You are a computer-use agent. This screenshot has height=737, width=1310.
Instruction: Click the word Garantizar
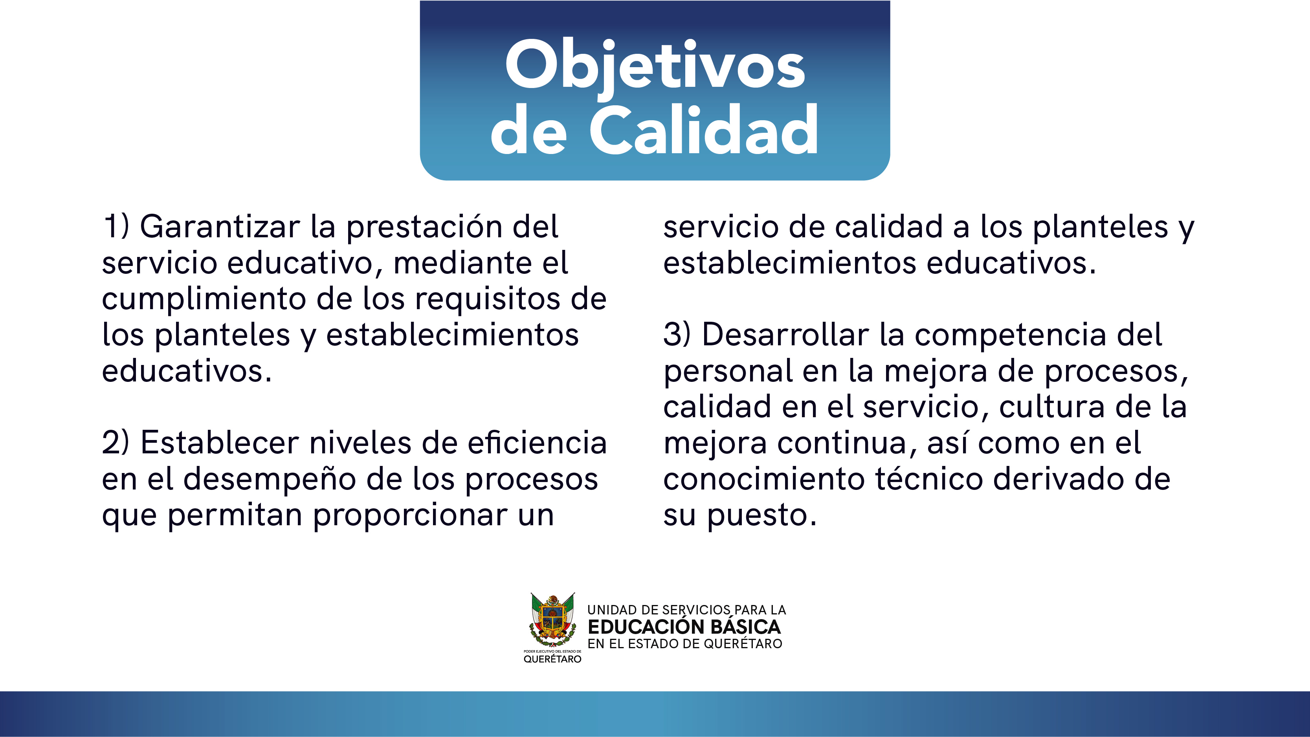click(x=220, y=227)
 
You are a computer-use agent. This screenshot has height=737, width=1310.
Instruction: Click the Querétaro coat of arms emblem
click(x=552, y=620)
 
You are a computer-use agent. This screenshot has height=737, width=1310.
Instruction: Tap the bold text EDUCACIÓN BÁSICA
click(x=684, y=627)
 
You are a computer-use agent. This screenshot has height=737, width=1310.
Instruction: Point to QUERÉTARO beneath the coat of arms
click(x=552, y=659)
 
